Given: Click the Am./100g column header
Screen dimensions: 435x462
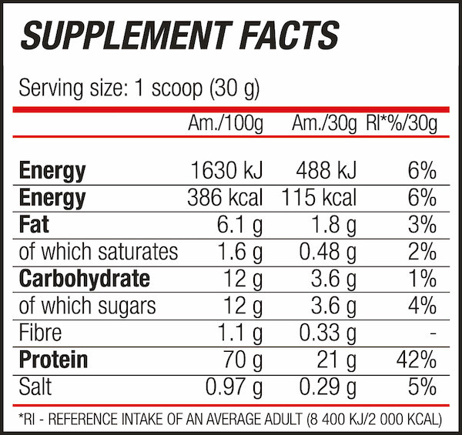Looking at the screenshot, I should (x=226, y=123).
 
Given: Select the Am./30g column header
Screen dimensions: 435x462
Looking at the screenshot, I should (x=324, y=123).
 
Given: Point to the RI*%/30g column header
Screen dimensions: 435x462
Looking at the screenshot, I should (x=401, y=123).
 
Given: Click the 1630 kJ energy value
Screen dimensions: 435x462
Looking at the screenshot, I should (x=226, y=170).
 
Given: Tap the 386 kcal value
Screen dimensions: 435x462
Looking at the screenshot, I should (x=226, y=197).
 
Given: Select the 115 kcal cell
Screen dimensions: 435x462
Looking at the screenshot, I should (x=319, y=197).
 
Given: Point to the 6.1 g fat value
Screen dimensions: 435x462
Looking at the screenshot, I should (x=238, y=224).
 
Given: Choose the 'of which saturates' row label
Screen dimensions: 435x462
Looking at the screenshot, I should (x=98, y=251).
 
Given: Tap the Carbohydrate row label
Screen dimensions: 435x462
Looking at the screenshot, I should (x=84, y=278).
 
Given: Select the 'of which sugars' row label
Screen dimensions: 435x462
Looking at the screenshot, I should (x=86, y=305).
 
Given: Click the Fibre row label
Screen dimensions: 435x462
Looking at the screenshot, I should (x=40, y=332).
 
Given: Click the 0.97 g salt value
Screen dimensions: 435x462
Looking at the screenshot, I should (x=233, y=386).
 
